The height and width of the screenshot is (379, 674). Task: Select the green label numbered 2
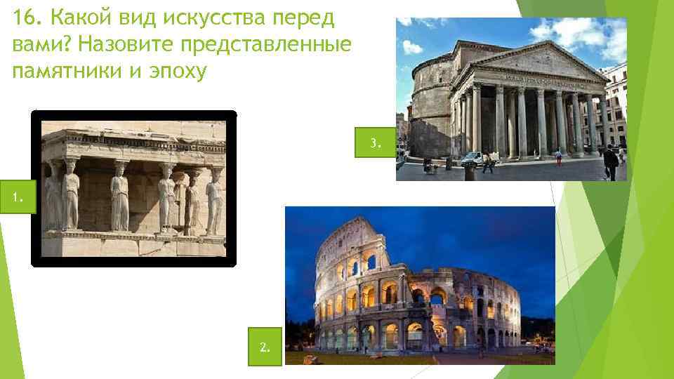[x=264, y=347]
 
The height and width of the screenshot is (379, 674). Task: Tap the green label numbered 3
[x=376, y=144]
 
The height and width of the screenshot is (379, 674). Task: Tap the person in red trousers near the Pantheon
[x=558, y=157]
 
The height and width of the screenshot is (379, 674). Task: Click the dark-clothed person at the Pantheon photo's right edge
[x=610, y=164]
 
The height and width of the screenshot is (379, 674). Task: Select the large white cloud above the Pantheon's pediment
[x=576, y=32]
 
